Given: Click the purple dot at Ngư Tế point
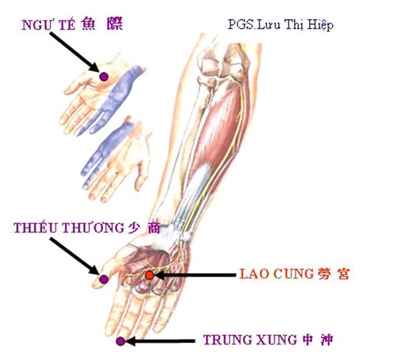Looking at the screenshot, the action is (104, 77).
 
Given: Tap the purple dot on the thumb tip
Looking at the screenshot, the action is (104, 279).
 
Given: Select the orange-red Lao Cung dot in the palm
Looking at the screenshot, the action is (149, 275).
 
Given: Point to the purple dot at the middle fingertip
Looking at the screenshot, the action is (121, 342).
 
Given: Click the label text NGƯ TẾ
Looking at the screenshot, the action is (49, 25).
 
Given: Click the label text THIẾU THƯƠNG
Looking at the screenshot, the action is (69, 227).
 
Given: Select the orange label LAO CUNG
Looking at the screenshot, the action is (277, 274).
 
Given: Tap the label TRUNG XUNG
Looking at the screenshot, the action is (250, 339).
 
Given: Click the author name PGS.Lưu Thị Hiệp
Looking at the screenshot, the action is (280, 25).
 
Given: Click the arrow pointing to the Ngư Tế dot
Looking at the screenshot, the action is (74, 52).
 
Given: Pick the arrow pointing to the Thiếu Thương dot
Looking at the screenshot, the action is (74, 256).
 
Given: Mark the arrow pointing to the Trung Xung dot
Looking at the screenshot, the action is (160, 342).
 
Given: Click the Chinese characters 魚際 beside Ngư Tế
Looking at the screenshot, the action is (102, 24).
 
